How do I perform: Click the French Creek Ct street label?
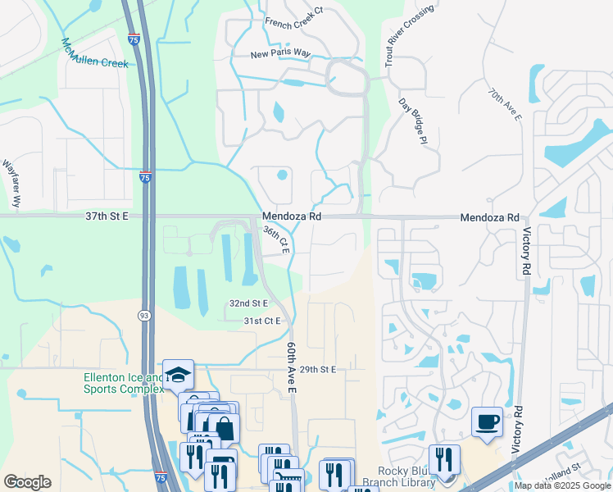(295, 23)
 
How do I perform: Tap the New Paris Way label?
(281, 54)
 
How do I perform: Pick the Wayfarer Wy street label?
(13, 182)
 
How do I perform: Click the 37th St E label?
(107, 217)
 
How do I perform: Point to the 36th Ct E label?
(276, 240)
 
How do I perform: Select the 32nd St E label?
(248, 303)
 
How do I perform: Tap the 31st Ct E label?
(262, 321)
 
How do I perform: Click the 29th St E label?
(318, 370)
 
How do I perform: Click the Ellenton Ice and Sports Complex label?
(123, 383)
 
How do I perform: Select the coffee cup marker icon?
(488, 421)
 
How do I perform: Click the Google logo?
(27, 482)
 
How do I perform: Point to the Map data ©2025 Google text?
(563, 485)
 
